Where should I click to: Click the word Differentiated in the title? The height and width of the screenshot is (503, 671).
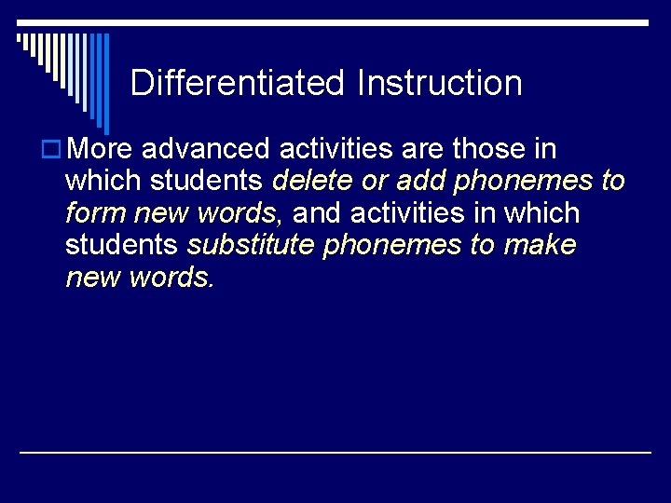(238, 84)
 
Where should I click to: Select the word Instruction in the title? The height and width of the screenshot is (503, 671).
(438, 84)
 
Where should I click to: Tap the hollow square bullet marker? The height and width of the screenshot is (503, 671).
(52, 149)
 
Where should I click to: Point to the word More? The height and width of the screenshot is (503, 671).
(102, 149)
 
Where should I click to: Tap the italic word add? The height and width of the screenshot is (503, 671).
(415, 181)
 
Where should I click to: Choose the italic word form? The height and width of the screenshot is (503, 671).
(98, 213)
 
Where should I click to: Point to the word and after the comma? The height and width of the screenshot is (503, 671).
(317, 213)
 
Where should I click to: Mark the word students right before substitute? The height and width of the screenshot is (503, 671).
(123, 246)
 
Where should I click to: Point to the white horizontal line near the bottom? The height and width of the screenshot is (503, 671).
(335, 452)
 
